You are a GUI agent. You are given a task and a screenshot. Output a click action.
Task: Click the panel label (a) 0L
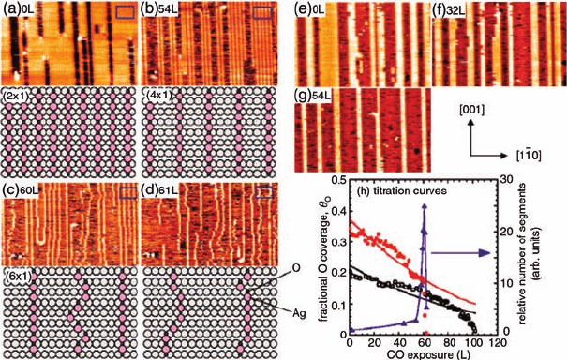coord(19,9)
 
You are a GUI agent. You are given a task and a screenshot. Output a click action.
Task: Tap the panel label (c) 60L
coord(21,190)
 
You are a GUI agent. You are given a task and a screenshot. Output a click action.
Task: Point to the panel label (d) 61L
coord(159,190)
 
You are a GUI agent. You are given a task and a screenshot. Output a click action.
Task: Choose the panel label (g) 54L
coord(312,96)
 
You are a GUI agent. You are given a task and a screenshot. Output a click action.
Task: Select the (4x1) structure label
coord(159,96)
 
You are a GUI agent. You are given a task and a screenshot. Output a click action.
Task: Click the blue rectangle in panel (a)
coord(126,12)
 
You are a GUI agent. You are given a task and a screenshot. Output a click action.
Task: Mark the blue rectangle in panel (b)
coord(262,12)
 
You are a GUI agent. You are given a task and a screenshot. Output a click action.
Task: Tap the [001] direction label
coord(471,110)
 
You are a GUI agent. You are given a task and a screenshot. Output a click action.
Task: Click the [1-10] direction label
coord(529,156)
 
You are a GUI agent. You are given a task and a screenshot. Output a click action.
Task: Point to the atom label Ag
coord(299,314)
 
